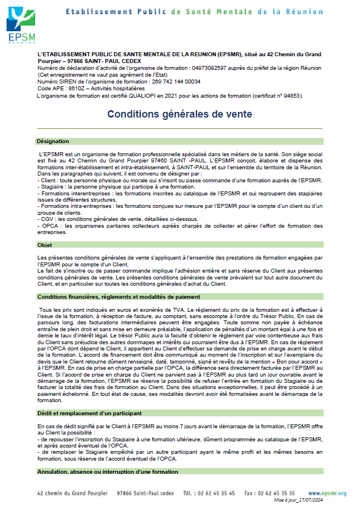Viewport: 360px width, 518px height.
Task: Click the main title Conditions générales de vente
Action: pyautogui.click(x=179, y=114)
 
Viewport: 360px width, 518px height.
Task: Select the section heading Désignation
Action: pyautogui.click(x=53, y=141)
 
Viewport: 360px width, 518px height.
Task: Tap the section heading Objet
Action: pyautogui.click(x=45, y=245)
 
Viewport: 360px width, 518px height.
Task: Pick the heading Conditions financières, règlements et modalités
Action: pyautogui.click(x=118, y=296)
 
